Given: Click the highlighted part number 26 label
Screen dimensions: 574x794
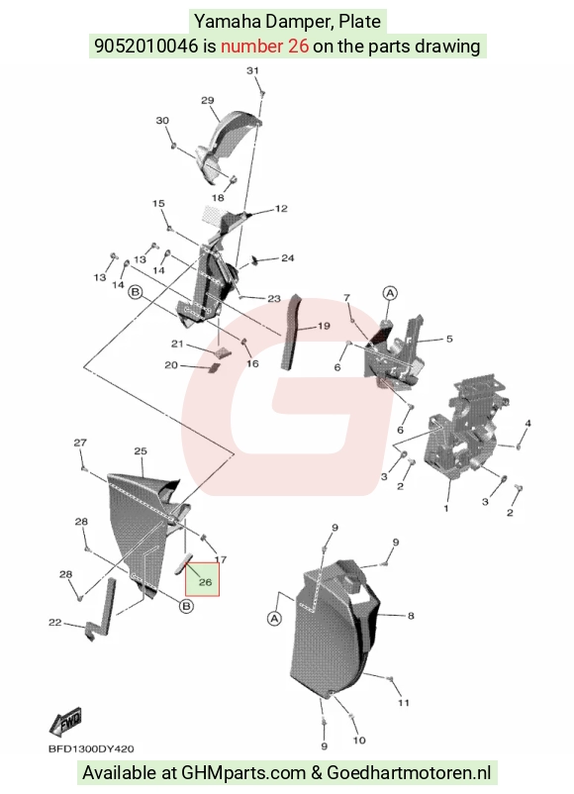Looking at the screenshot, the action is [205, 582].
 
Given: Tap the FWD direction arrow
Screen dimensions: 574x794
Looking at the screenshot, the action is [65, 722].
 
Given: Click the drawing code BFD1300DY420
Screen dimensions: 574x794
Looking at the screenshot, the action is [91, 748].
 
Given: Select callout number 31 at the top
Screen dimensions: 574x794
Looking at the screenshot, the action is [252, 70].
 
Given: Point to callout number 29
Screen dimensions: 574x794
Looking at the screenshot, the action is [208, 100].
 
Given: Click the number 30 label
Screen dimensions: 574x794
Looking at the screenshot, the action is [162, 121].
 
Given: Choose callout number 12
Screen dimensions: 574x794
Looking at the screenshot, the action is [281, 208].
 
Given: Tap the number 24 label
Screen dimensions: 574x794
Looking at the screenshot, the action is [288, 258].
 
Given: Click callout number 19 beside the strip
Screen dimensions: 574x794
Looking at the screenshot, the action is [324, 326].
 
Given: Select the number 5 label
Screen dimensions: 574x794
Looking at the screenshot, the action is [449, 339].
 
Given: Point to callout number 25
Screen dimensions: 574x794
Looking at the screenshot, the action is [141, 450].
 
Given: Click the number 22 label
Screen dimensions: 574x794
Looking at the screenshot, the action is [54, 623].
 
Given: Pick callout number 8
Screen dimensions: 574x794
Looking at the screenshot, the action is [411, 616].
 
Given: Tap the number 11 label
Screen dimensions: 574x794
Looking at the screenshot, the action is [404, 703].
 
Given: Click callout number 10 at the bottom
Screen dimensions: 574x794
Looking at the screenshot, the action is [359, 741].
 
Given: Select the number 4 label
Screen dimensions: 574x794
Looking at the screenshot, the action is [527, 424].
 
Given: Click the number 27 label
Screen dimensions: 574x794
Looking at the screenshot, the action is [80, 443].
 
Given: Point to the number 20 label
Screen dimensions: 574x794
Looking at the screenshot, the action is [171, 365].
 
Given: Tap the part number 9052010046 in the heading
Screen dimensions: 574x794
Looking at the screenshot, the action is [146, 47].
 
